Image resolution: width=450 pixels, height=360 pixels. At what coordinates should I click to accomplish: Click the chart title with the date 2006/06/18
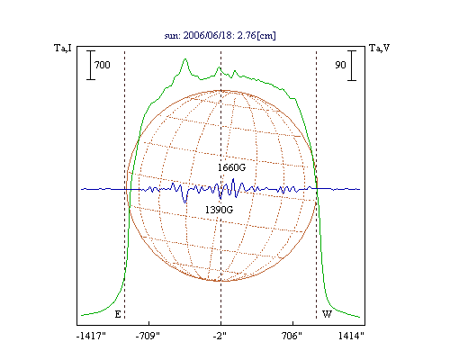tap(220, 35)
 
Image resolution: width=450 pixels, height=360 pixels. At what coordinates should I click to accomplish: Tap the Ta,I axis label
tap(63, 48)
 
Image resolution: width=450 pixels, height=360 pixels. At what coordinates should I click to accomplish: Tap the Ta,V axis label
tap(379, 48)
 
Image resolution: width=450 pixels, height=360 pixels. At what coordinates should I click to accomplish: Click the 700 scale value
tap(103, 65)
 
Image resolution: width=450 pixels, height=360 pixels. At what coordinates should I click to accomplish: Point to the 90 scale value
tap(340, 65)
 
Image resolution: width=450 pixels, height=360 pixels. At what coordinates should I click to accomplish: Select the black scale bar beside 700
tap(91, 65)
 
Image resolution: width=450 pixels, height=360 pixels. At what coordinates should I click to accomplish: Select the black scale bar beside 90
tap(352, 66)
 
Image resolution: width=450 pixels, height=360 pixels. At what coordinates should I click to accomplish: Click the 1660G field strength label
tap(231, 167)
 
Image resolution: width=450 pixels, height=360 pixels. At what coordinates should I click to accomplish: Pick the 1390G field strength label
tap(219, 210)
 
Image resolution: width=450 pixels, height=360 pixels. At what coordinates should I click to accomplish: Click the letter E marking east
tap(118, 314)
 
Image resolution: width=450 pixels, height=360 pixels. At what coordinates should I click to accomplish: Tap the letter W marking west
tap(327, 314)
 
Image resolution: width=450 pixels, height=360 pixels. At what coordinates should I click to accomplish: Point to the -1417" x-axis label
tap(92, 336)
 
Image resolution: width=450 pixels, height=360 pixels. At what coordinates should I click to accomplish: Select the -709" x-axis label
tap(148, 336)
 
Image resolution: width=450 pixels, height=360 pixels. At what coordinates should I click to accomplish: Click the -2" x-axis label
tap(220, 336)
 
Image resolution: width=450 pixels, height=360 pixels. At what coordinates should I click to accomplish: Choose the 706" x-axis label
tap(292, 336)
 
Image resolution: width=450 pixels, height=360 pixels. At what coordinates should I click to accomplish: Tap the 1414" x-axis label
tap(351, 336)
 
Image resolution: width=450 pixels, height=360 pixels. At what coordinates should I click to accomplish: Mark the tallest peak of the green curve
tap(185, 59)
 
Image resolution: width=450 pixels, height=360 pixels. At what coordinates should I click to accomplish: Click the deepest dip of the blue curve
tap(185, 202)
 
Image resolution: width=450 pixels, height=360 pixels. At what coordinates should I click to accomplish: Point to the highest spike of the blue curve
tap(233, 179)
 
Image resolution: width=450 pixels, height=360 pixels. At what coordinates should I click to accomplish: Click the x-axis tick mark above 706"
tap(292, 323)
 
